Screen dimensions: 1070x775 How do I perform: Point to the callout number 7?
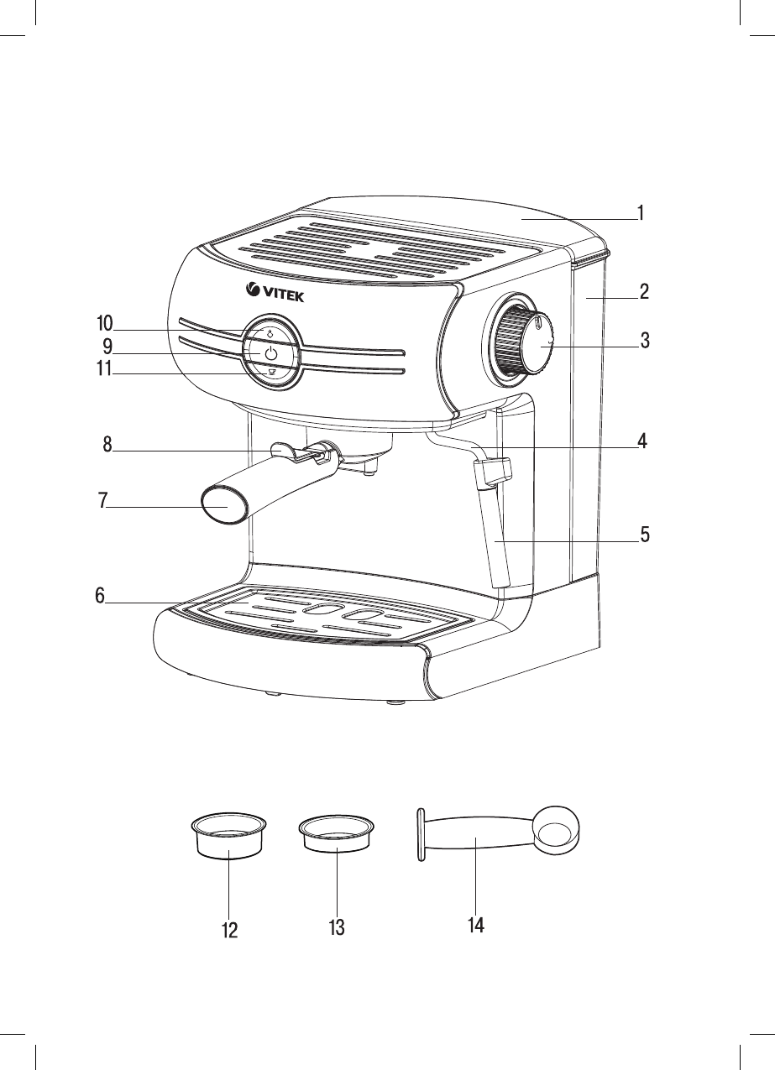click(102, 501)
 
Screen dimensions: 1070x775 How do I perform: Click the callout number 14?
click(475, 926)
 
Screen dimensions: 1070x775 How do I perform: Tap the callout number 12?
click(230, 930)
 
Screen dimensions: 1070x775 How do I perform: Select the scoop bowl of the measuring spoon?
click(554, 832)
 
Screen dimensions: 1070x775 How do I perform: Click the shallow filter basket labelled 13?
click(336, 832)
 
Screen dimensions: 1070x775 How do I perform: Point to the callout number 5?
click(644, 535)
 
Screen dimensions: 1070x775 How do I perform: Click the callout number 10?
click(104, 324)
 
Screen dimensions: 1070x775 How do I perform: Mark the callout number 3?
click(644, 341)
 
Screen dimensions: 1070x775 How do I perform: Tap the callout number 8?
click(107, 445)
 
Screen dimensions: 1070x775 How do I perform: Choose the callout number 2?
click(643, 292)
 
